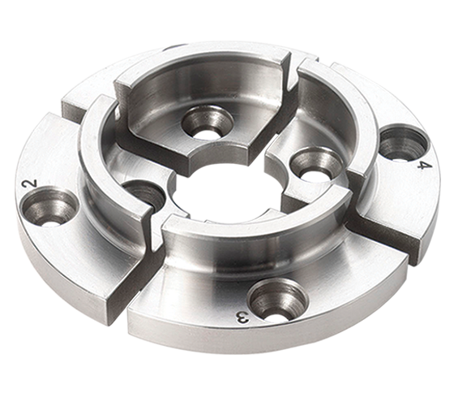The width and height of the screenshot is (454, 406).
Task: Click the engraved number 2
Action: (32, 184)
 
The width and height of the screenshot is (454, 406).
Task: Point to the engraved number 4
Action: (421, 166)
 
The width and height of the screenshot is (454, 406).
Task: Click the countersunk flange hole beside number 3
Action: (278, 300)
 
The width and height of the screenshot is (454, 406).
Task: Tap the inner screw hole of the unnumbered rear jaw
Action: (208, 123)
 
